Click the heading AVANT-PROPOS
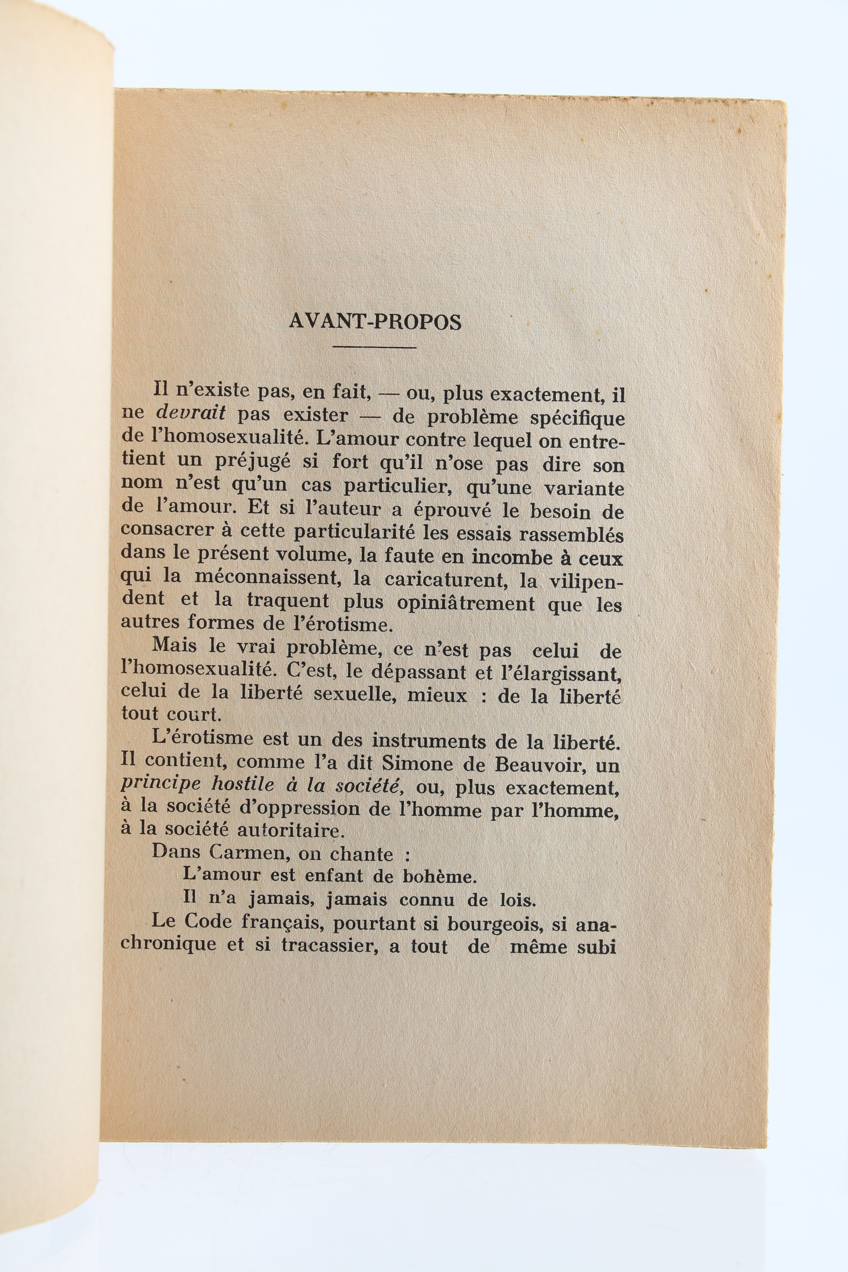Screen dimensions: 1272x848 (x=375, y=321)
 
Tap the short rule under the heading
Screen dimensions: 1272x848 (x=375, y=347)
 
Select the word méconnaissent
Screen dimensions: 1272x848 (x=266, y=578)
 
